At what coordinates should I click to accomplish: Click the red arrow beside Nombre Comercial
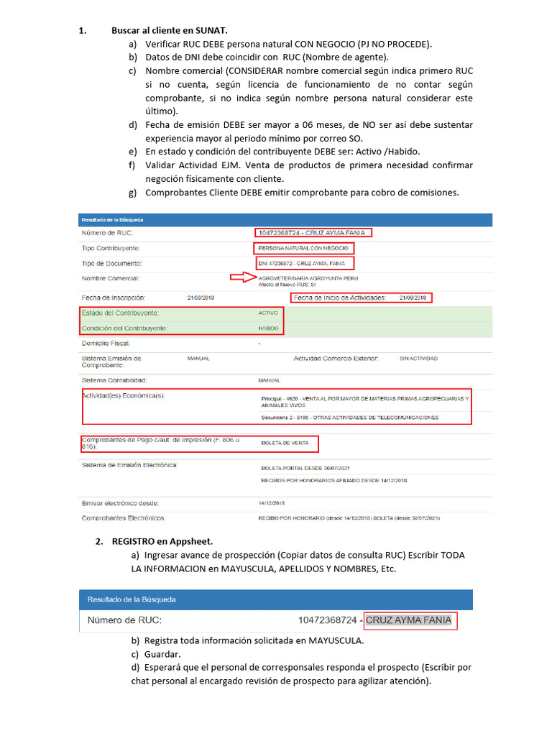(242, 277)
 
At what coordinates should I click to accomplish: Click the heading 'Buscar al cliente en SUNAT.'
(169, 31)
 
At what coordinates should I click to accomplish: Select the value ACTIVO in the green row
(267, 313)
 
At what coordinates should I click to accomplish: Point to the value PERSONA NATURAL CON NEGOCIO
(303, 248)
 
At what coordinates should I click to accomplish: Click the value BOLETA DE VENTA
(284, 443)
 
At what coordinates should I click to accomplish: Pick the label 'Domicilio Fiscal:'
(106, 344)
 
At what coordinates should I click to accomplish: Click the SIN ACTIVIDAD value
(418, 358)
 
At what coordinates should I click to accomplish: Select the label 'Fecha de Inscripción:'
(114, 297)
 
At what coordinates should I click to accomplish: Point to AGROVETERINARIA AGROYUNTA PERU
(308, 277)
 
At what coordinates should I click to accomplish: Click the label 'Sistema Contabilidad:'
(115, 379)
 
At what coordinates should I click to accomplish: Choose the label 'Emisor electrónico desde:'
(120, 503)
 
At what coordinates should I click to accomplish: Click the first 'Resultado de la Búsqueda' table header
(112, 218)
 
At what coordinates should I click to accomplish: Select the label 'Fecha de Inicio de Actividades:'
(340, 298)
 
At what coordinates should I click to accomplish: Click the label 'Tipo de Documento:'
(111, 263)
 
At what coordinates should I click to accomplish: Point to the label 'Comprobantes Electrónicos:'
(123, 517)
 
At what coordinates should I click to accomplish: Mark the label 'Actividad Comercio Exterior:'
(336, 358)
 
